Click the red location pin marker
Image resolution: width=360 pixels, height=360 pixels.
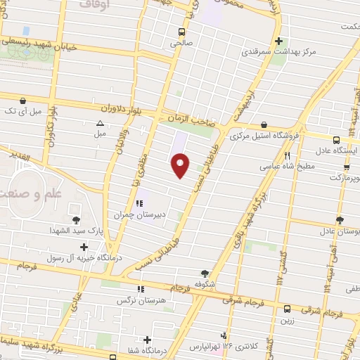pyautogui.click(x=181, y=166)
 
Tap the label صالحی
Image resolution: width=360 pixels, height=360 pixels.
pyautogui.click(x=182, y=42)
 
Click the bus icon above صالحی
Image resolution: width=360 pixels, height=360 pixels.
pyautogui.click(x=182, y=32)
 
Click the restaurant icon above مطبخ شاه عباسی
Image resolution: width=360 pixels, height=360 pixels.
pyautogui.click(x=286, y=155)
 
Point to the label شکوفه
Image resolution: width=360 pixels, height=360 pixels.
pyautogui.click(x=204, y=284)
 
